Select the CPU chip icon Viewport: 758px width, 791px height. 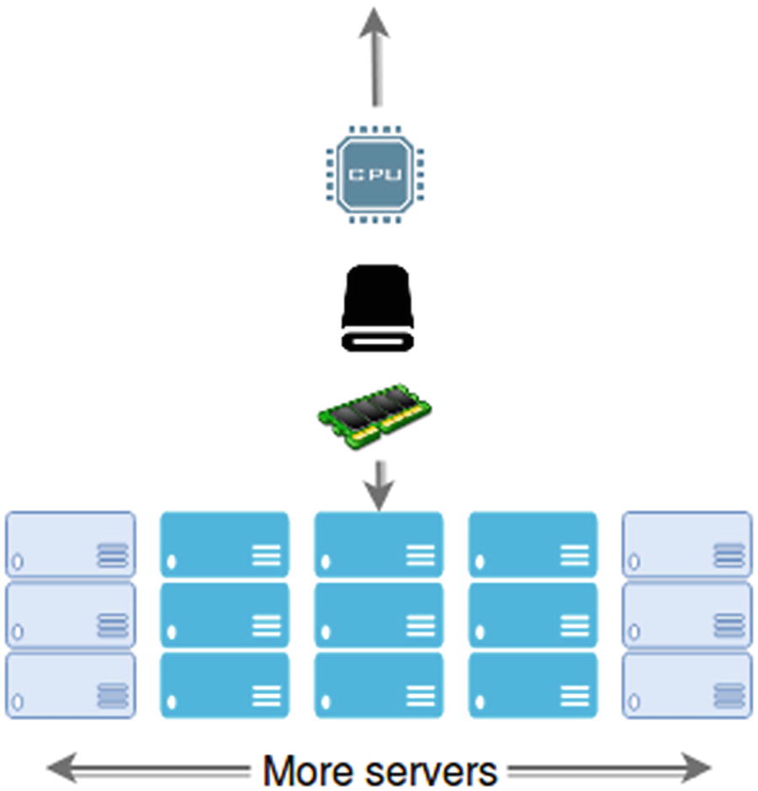coord(375,174)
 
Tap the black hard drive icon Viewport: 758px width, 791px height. coord(376,308)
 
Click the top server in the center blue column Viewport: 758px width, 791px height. coord(378,544)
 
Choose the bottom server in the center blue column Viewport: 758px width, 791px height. coord(378,686)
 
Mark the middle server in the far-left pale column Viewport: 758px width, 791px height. coord(71,615)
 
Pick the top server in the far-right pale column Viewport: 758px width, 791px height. coord(686,544)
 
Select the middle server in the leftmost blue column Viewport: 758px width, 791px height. coord(224,615)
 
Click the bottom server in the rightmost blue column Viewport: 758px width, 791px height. coord(532,686)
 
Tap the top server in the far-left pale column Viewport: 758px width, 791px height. coord(71,544)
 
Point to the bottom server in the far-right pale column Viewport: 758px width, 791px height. coord(686,686)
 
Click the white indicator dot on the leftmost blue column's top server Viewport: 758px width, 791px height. coord(173,562)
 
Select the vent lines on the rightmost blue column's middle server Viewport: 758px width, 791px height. coord(574,626)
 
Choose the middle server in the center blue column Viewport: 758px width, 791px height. coord(378,615)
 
